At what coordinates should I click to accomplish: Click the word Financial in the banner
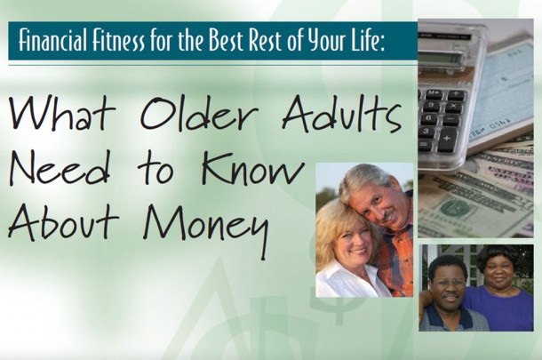pyautogui.click(x=52, y=41)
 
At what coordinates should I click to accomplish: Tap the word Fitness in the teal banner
pyautogui.click(x=118, y=41)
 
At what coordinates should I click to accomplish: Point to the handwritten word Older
pyautogui.click(x=199, y=113)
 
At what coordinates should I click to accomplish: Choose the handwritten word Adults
pyautogui.click(x=342, y=114)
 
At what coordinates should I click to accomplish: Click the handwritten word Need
pyautogui.click(x=60, y=168)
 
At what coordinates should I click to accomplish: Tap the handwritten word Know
pyautogui.click(x=252, y=168)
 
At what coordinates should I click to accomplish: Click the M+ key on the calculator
pyautogui.click(x=434, y=93)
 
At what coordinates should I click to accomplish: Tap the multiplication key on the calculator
pyautogui.click(x=453, y=107)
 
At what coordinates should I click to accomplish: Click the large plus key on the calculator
pyautogui.click(x=447, y=140)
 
